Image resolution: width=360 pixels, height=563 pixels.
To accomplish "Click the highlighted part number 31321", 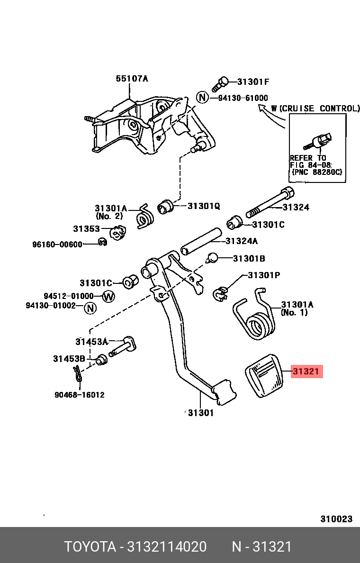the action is coord(306,371).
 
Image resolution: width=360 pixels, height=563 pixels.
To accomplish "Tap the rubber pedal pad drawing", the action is coord(263,376).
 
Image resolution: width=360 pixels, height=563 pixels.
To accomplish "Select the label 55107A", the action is coord(132,78).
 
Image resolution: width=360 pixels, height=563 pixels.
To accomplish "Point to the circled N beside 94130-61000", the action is coord(202,97).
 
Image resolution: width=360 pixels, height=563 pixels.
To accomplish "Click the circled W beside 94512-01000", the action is coord(108,297).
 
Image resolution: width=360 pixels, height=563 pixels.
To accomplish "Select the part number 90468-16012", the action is coord(79,395).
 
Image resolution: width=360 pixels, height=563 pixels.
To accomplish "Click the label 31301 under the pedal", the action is coord(201,413).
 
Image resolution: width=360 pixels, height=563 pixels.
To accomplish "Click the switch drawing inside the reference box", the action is coord(318,142).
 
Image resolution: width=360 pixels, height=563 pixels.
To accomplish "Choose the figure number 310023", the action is coord(336,518).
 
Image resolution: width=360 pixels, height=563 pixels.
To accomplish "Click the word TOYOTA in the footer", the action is coord(90,547).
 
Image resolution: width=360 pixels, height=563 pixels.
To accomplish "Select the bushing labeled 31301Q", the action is coord(166,206).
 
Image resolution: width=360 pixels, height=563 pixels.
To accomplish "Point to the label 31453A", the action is coord(91,342).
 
